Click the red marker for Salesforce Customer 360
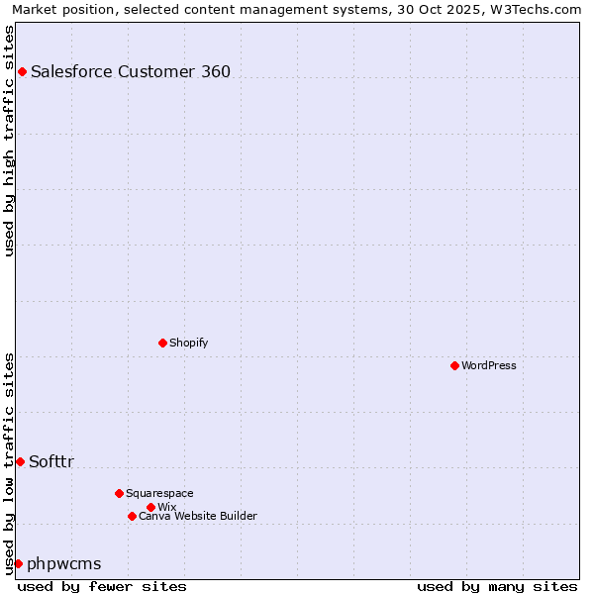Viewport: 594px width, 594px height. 22,71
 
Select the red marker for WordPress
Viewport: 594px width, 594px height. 454,365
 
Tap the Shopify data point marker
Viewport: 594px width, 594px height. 162,343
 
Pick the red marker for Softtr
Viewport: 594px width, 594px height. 20,461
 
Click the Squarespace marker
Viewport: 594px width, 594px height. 119,493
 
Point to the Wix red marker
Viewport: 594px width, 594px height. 150,507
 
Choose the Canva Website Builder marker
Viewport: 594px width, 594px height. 132,516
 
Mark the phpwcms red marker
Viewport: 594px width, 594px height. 18,563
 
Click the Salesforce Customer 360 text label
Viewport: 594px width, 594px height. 131,71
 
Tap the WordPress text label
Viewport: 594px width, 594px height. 489,365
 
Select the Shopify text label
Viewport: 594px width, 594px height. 188,343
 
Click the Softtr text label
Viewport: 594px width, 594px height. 51,461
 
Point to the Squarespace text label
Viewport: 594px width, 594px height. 159,493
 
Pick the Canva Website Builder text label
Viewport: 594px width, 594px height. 198,516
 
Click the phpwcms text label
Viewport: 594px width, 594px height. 64,563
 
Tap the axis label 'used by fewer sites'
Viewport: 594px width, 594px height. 102,586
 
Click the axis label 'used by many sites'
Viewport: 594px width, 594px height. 497,586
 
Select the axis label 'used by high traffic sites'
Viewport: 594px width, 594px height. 10,141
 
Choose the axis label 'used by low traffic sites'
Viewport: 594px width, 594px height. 10,462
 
